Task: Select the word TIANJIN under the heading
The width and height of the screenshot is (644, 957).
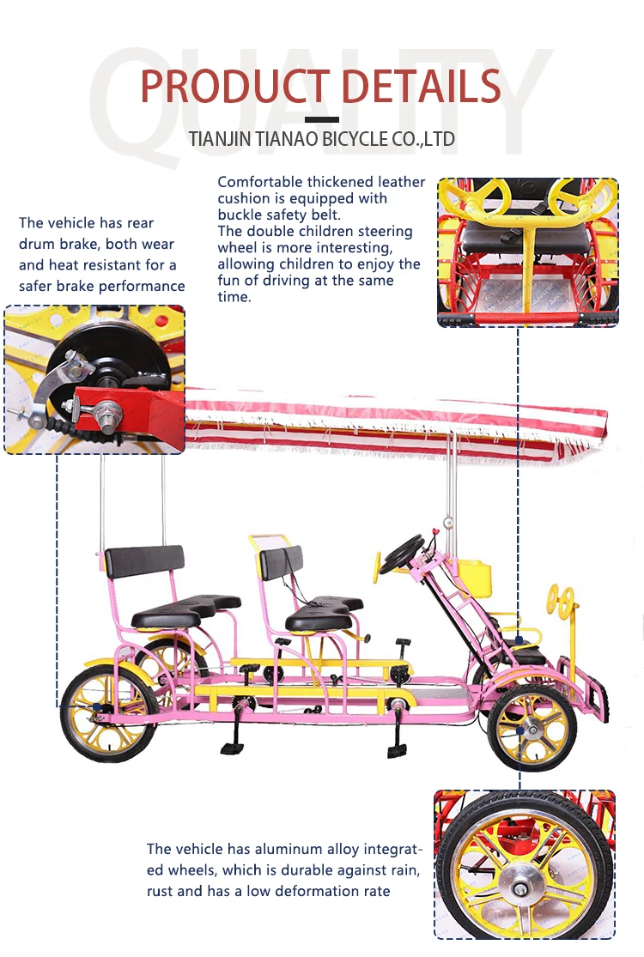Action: click(222, 139)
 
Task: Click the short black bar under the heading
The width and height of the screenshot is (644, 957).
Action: click(321, 119)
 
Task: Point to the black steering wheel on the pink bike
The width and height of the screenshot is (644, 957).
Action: click(401, 554)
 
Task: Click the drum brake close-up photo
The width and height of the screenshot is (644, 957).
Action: click(94, 379)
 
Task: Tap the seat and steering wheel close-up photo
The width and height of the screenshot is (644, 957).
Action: click(527, 252)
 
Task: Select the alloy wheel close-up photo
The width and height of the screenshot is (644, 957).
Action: click(524, 864)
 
